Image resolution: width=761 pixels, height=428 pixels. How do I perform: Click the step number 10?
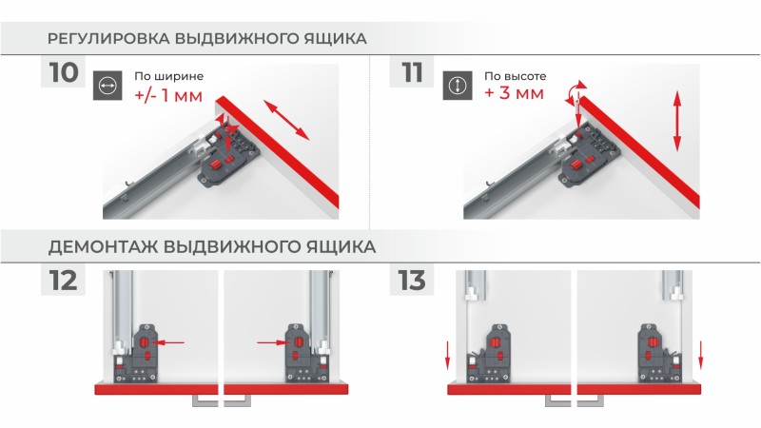pos(64,72)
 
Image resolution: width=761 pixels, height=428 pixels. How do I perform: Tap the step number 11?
pos(412,72)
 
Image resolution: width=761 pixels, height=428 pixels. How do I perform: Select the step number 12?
pos(63,281)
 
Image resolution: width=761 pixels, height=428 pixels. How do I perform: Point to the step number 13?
pos(412,281)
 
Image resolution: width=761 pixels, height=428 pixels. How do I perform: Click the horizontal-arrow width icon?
pos(107,86)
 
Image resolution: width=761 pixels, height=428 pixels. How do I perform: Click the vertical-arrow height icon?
pos(458,86)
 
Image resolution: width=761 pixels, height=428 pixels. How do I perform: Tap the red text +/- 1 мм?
pos(168,95)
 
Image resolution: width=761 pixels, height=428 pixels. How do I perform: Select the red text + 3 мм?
pos(514,92)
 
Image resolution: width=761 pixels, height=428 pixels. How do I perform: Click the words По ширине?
pos(169,76)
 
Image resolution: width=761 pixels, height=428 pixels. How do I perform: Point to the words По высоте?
pos(515,76)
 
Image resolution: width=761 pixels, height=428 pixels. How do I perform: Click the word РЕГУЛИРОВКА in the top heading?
pos(108,38)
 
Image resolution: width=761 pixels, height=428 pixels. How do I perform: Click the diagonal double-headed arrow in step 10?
pos(286,120)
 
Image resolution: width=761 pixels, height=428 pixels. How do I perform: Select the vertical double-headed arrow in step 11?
pos(677,122)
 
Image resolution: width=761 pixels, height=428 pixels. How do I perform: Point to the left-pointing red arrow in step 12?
pos(167,342)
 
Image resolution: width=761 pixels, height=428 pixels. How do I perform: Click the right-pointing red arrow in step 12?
pos(273,342)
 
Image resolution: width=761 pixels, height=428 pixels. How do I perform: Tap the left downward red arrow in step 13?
pos(447,355)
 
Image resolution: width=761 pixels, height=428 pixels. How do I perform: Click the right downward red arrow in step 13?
pos(700,355)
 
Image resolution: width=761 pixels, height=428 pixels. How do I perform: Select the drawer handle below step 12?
pos(222,400)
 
